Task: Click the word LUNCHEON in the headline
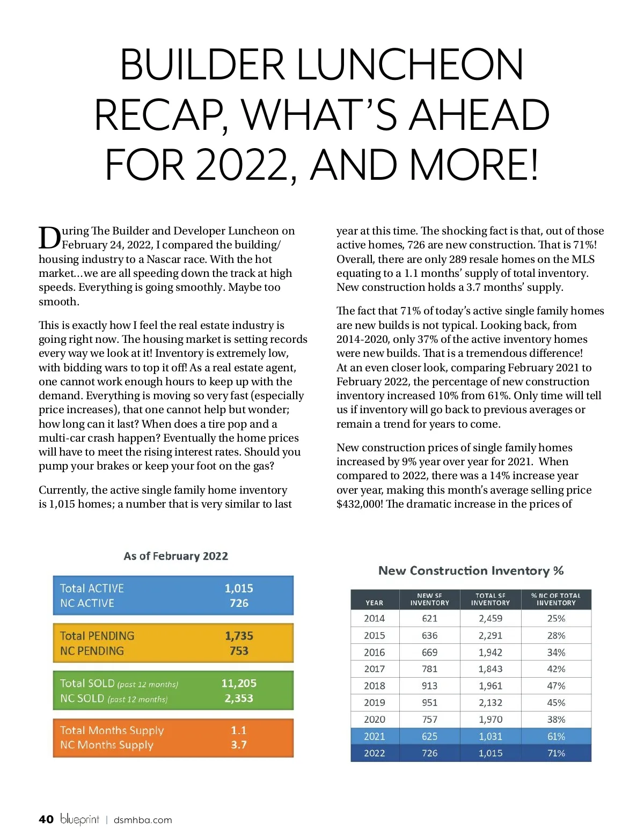click(410, 65)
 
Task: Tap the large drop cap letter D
click(49, 238)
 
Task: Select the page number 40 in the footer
click(46, 819)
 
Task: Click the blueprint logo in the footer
click(79, 819)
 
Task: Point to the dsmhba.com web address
click(143, 820)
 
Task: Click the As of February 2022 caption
click(175, 556)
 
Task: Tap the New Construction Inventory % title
click(471, 570)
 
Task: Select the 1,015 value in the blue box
click(239, 588)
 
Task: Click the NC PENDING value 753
click(239, 651)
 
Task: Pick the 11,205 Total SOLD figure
click(239, 683)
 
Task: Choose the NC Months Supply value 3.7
click(239, 745)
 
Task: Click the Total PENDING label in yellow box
click(97, 636)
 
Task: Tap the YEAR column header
click(375, 603)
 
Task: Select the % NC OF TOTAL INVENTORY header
click(556, 599)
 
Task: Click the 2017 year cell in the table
click(375, 669)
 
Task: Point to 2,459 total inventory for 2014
click(491, 618)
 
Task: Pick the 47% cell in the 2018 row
click(556, 686)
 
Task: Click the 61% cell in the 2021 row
click(556, 736)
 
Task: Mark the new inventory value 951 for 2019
click(429, 702)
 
